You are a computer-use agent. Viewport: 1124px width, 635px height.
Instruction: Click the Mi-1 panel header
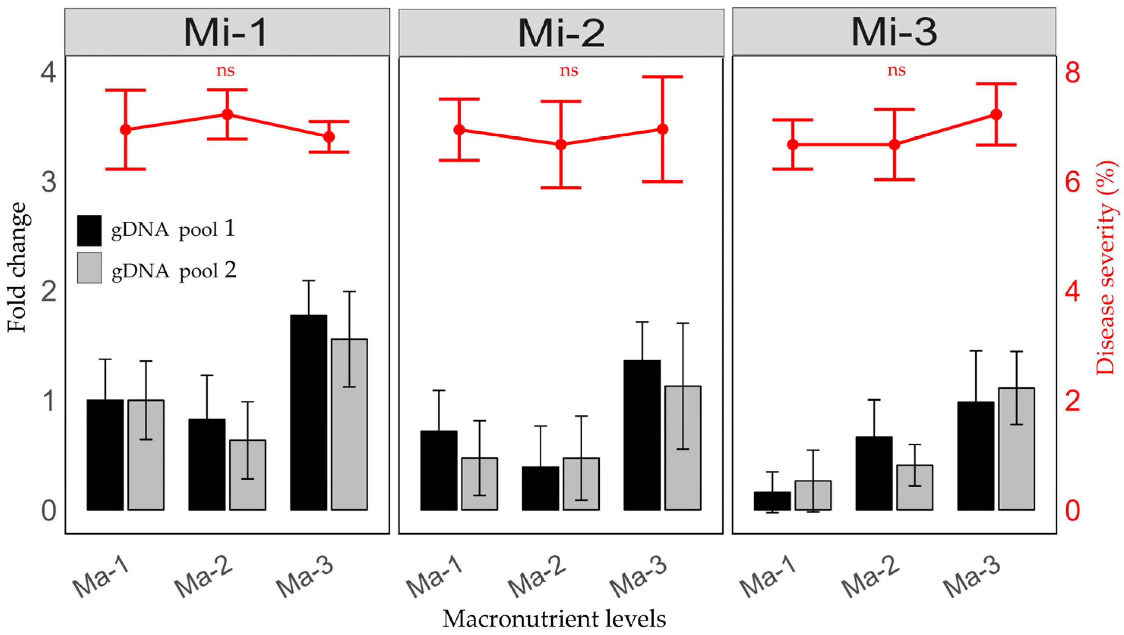(x=227, y=32)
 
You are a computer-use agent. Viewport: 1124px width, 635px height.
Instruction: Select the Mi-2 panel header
(x=561, y=33)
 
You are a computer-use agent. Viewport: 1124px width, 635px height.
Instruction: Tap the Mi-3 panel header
(x=894, y=32)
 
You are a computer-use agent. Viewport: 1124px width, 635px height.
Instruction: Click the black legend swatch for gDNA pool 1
(x=90, y=230)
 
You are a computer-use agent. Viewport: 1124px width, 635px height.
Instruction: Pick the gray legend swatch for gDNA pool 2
(x=90, y=268)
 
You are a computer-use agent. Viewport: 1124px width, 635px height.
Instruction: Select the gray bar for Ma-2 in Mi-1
(x=248, y=474)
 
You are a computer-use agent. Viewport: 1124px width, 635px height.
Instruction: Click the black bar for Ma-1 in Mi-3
(x=772, y=501)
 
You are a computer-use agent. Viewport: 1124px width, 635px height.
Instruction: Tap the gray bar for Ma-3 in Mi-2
(x=683, y=447)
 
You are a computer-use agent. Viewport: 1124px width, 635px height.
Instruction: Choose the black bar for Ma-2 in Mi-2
(x=540, y=488)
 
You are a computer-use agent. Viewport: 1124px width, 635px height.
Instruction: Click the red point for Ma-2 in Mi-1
(x=227, y=114)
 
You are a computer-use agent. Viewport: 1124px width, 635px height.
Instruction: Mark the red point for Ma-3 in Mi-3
(x=996, y=114)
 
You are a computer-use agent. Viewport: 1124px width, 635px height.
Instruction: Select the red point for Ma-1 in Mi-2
(x=459, y=129)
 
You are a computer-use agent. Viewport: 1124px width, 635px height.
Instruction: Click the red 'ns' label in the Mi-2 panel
(x=569, y=71)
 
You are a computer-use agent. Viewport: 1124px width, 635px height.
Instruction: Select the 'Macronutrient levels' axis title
(x=555, y=618)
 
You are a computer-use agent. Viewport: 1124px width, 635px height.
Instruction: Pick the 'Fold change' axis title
(x=17, y=267)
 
